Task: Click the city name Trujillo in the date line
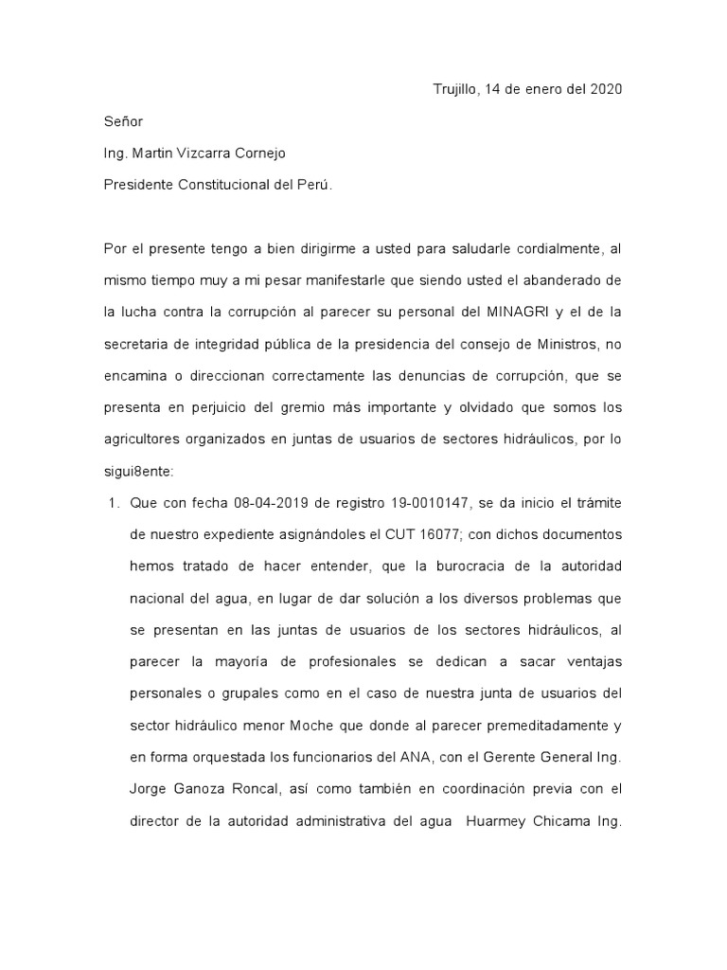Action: [x=454, y=90]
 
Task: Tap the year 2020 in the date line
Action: [x=605, y=90]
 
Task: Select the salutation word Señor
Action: [x=123, y=121]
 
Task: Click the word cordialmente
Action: [x=554, y=249]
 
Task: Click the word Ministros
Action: [x=568, y=344]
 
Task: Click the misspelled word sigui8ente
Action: [x=138, y=470]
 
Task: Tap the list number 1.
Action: [x=110, y=502]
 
